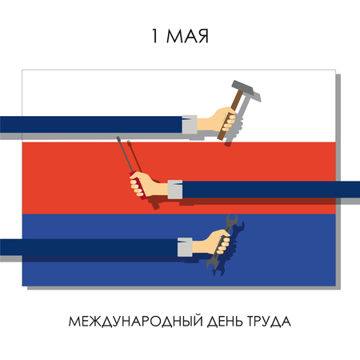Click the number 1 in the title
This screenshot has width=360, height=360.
[x=155, y=37]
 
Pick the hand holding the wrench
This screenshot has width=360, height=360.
[x=214, y=244]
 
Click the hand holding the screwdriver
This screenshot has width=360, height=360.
[x=153, y=186]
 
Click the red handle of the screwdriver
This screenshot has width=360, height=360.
[x=138, y=190]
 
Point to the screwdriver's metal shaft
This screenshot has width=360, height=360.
[x=125, y=156]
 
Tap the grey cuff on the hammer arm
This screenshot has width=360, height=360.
[x=189, y=123]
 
